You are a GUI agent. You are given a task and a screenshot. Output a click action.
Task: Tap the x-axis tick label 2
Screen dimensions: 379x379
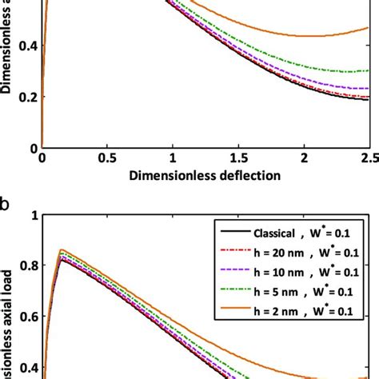305,158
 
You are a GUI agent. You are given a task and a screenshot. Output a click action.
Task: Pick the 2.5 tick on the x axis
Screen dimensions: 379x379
368,158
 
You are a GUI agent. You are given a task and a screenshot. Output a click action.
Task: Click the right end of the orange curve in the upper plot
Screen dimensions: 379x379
368,29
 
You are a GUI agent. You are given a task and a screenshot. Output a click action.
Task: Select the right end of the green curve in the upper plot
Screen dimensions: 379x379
368,71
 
